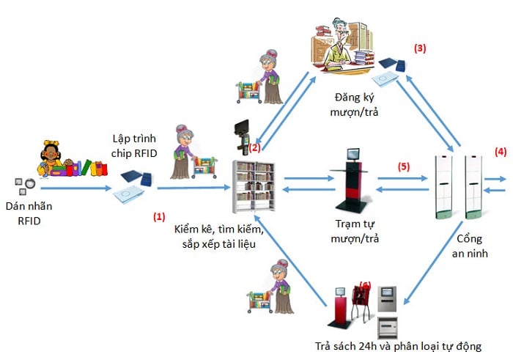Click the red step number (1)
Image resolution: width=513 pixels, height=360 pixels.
pyautogui.click(x=159, y=216)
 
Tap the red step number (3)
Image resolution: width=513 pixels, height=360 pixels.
pyautogui.click(x=420, y=48)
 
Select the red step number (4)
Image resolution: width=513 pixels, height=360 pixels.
pyautogui.click(x=501, y=152)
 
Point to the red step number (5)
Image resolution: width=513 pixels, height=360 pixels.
pyautogui.click(x=404, y=166)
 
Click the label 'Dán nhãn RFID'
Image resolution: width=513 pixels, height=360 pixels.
pyautogui.click(x=29, y=213)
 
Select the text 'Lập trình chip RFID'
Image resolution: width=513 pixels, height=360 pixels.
pyautogui.click(x=134, y=146)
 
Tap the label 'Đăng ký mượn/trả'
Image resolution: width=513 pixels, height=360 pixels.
pyautogui.click(x=354, y=105)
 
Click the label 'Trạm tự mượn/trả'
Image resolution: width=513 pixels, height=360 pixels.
pyautogui.click(x=355, y=231)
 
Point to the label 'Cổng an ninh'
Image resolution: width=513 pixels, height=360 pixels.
pyautogui.click(x=470, y=246)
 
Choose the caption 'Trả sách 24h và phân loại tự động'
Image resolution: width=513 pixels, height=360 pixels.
pyautogui.click(x=398, y=346)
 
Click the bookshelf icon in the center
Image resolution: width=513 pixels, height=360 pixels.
pyautogui.click(x=254, y=186)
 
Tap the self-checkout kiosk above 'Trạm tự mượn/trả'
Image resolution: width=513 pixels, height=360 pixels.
pyautogui.click(x=351, y=181)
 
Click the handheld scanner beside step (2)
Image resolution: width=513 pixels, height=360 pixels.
pyautogui.click(x=242, y=137)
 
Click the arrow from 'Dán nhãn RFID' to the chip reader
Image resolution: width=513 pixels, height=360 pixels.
pyautogui.click(x=76, y=188)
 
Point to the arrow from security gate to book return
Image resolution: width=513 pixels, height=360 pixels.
pyautogui.click(x=434, y=262)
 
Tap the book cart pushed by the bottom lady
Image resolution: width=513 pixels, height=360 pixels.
pyautogui.click(x=259, y=302)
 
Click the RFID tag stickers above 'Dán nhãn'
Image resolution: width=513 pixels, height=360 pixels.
pyautogui.click(x=25, y=186)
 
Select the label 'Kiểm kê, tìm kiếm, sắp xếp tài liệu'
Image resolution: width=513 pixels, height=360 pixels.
pyautogui.click(x=219, y=236)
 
